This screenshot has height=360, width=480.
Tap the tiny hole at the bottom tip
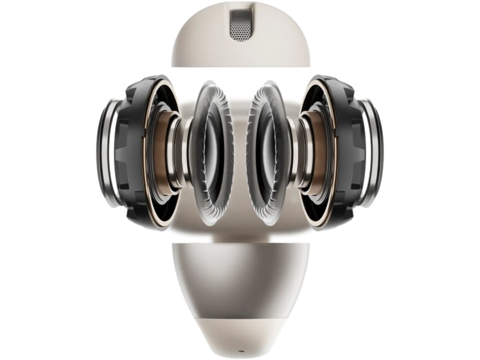tap(241, 349)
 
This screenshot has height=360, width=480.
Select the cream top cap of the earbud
tap(204, 42)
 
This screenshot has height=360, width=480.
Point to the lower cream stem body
tap(240, 276)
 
